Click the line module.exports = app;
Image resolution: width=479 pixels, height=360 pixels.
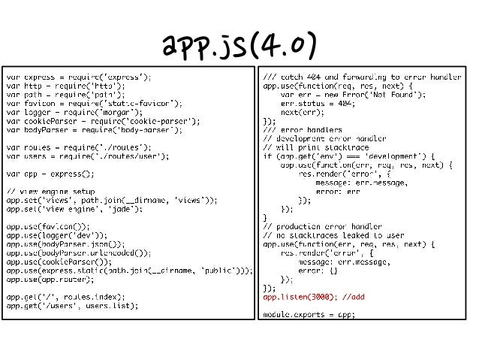pyautogui.click(x=308, y=314)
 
